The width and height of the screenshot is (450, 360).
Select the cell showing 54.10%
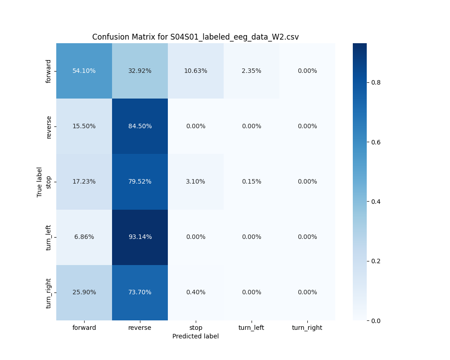84,71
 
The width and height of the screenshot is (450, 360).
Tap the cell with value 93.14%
140,237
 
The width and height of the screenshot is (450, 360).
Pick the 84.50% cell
140,126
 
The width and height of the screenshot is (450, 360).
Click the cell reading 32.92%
140,71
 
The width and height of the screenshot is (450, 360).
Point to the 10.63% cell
196,71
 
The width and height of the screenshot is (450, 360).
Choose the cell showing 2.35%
252,71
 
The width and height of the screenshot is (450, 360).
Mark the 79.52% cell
140,181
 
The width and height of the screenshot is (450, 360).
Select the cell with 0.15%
252,181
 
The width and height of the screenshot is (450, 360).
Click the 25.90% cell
84,292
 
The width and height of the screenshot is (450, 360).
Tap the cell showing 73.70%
140,292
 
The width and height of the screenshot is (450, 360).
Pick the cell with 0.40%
196,292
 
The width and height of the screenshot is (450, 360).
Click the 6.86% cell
84,237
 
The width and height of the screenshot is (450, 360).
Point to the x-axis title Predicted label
195,336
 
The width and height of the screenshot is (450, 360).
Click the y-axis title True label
40,182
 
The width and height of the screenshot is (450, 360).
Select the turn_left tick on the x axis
252,328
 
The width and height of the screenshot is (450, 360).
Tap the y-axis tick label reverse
49,126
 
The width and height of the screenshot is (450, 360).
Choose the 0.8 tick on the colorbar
376,82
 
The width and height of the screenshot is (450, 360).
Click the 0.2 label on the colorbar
376,261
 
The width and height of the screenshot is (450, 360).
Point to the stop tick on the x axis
196,328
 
